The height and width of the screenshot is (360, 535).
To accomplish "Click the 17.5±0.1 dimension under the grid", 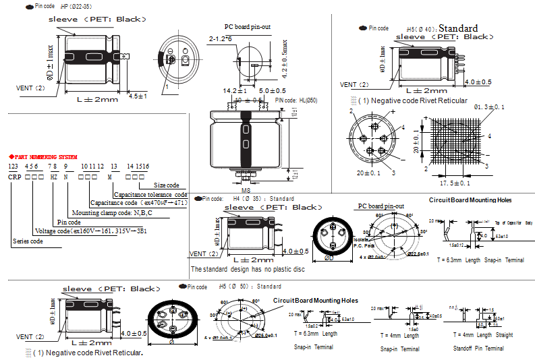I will [x=455, y=183].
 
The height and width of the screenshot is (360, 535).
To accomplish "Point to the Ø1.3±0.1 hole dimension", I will [x=489, y=107].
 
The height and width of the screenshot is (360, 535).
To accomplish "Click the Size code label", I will [x=167, y=185].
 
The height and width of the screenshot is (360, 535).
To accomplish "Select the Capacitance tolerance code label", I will [x=150, y=194].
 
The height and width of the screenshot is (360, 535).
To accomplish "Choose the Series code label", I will [x=27, y=241].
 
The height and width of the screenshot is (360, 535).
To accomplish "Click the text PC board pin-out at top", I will [x=248, y=27].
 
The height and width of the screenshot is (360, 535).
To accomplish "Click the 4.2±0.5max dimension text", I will [x=283, y=59].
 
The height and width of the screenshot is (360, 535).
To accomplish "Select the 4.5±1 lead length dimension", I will [x=138, y=95].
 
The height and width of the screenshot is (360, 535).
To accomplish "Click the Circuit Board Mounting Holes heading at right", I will [x=470, y=200].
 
